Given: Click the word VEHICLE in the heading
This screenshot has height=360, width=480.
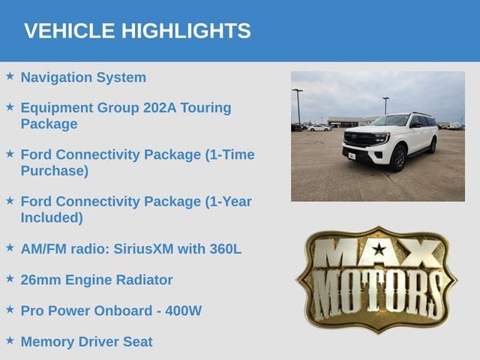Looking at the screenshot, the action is [x=70, y=31].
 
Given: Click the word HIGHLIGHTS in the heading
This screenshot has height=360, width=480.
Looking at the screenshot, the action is [x=186, y=31].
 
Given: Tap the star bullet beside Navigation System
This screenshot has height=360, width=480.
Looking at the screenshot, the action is [x=10, y=76].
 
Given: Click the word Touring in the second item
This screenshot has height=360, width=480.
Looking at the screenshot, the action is [x=205, y=108].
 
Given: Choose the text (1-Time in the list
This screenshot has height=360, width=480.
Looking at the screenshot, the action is [x=230, y=155].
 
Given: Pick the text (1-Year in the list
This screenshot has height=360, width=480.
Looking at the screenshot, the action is [x=229, y=202].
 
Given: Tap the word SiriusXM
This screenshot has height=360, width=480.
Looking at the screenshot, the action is [x=143, y=249].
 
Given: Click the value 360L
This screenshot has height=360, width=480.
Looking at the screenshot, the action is [x=226, y=249].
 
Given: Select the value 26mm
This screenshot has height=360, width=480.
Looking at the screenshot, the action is [x=40, y=280].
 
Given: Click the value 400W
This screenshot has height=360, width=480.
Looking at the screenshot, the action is [x=183, y=311].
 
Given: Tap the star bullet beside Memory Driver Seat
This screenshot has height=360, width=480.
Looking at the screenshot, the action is [x=10, y=340].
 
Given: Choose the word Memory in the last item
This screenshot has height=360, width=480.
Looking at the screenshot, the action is [x=47, y=342].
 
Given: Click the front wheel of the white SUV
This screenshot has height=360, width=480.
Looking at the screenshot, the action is [x=398, y=158].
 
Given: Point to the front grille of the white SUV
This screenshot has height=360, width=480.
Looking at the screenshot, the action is [x=361, y=139].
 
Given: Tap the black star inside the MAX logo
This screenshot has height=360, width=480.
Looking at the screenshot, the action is [x=379, y=249].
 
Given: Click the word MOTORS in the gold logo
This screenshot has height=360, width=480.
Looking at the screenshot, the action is [x=377, y=295].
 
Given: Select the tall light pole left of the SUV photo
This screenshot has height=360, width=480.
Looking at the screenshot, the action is [x=298, y=106].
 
